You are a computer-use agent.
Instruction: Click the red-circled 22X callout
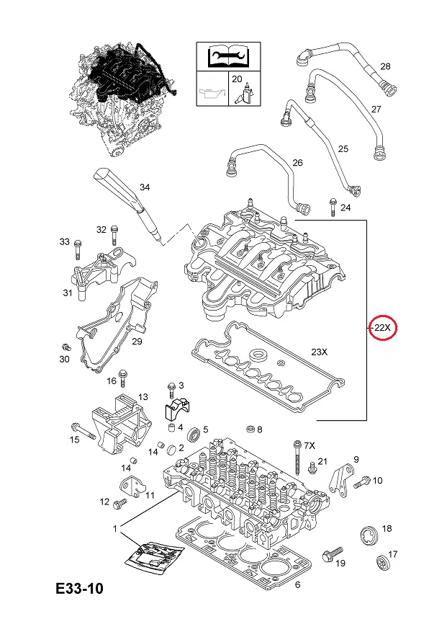click(382, 328)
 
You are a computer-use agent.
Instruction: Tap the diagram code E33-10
click(79, 589)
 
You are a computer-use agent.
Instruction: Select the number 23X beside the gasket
click(318, 352)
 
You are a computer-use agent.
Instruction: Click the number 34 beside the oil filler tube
click(145, 187)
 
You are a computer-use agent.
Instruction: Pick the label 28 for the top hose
click(385, 66)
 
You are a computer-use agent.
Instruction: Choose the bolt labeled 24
click(332, 208)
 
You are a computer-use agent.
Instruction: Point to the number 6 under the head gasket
click(298, 585)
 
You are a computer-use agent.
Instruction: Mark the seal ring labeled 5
click(194, 435)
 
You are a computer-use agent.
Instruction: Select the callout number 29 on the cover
click(137, 341)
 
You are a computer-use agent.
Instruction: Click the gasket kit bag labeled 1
click(153, 556)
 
